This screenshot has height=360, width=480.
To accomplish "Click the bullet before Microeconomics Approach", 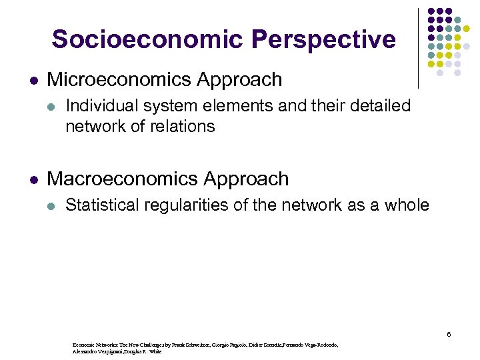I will tap(33, 81).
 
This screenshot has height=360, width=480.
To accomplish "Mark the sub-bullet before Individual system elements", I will tap(52, 106).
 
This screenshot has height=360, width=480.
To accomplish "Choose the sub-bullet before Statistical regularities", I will tap(52, 205).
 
